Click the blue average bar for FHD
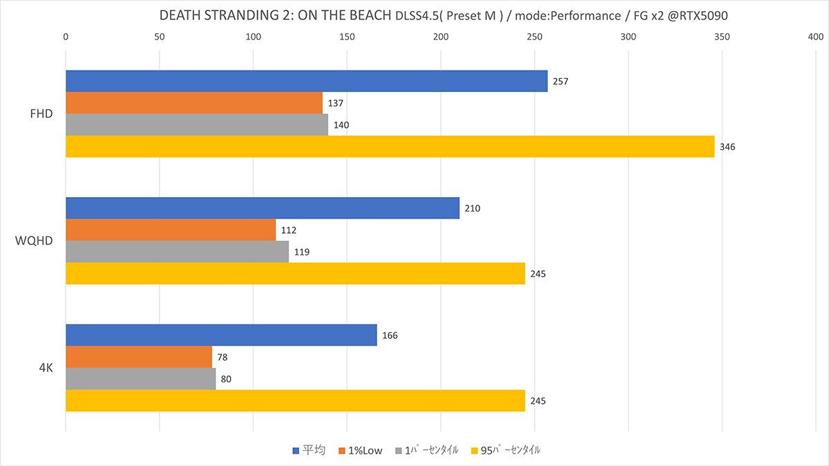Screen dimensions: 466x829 (306, 81)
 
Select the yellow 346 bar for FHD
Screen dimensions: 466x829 (390, 147)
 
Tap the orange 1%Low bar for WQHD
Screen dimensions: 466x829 (170, 230)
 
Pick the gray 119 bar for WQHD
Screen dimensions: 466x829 (177, 252)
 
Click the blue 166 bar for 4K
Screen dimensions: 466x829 (221, 335)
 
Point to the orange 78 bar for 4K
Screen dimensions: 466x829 (138, 357)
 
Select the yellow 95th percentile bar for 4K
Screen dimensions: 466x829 (295, 401)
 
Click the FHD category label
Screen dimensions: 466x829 (41, 114)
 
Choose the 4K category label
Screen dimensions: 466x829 (46, 368)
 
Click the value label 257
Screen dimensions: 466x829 (560, 82)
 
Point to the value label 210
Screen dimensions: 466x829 (473, 209)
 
